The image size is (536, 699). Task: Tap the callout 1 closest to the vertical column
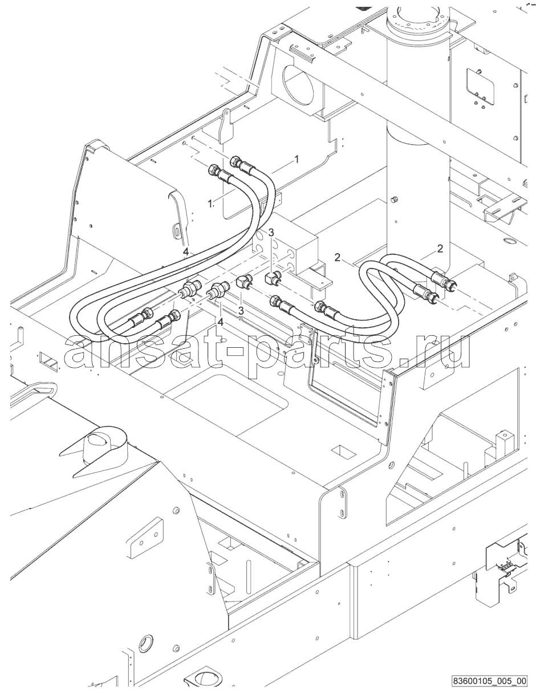click(x=297, y=159)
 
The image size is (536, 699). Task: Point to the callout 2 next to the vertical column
click(x=440, y=249)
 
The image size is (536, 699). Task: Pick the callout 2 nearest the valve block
click(x=337, y=257)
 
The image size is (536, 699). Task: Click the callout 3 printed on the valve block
click(x=271, y=232)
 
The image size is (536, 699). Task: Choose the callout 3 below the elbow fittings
click(x=241, y=311)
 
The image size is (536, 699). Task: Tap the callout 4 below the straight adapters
click(x=220, y=322)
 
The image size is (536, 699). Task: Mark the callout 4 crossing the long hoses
click(x=186, y=252)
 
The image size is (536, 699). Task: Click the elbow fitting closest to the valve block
click(x=273, y=277)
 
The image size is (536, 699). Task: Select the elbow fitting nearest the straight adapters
click(x=245, y=282)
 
